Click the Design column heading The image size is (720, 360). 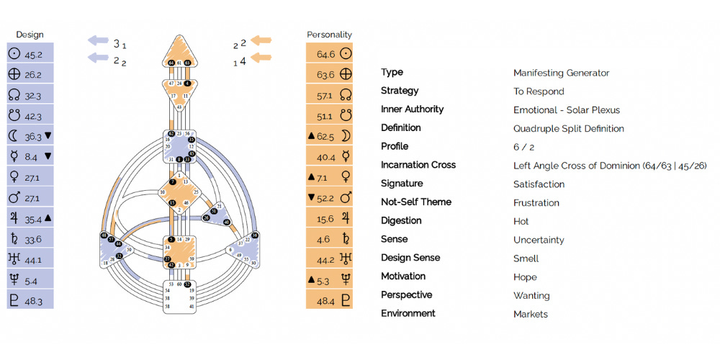(x=30, y=35)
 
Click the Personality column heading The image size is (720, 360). (x=329, y=35)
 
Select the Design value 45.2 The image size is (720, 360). (x=34, y=54)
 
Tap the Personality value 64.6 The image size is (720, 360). (x=326, y=54)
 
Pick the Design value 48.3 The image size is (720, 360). (x=34, y=300)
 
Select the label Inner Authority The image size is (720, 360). (x=412, y=109)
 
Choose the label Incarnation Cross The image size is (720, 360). (x=418, y=165)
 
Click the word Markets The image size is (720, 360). (x=531, y=314)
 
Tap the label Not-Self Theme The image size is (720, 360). (x=416, y=202)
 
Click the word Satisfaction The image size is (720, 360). (x=539, y=184)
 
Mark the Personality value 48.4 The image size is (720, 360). (x=326, y=300)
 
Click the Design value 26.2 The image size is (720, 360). (x=34, y=75)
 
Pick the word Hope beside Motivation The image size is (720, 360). (x=525, y=277)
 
